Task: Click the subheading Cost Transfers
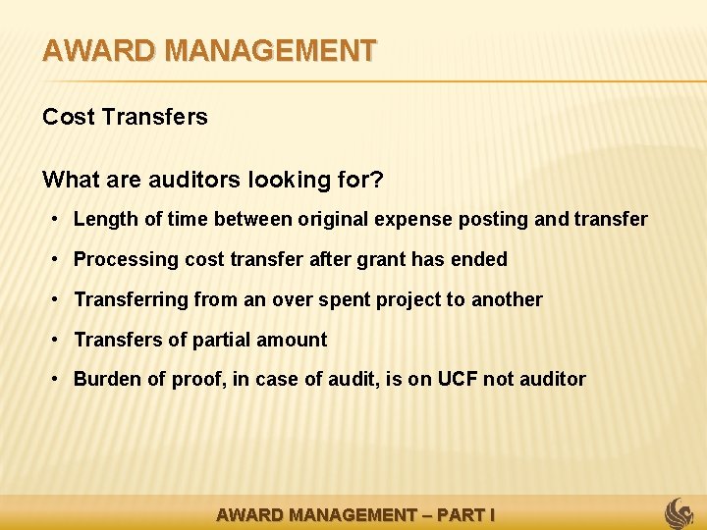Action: (125, 117)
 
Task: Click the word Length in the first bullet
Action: (106, 219)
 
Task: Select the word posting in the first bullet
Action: (495, 219)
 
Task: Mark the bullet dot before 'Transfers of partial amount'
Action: (58, 340)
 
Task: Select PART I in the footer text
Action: (464, 514)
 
